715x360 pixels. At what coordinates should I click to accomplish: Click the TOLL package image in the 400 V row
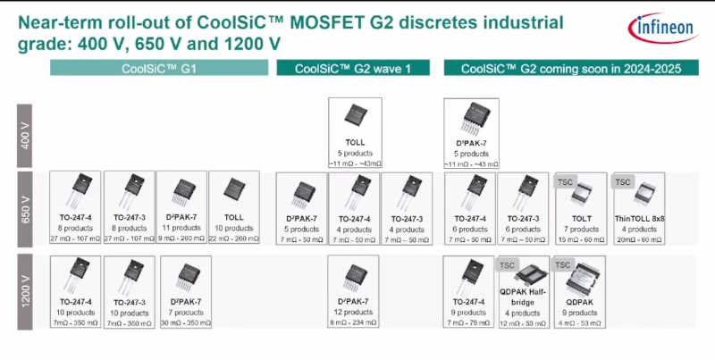[x=355, y=119]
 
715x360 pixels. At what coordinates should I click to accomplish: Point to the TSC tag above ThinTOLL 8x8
[x=622, y=181]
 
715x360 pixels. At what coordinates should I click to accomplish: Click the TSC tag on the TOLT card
[x=565, y=181]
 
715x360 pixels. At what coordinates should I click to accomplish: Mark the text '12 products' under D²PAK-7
[x=355, y=312]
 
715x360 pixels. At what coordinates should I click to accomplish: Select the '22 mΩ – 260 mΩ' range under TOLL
[x=233, y=239]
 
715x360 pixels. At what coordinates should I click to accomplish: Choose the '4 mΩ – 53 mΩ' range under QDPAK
[x=578, y=322]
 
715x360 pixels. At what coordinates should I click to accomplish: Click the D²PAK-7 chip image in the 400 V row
[x=470, y=119]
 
